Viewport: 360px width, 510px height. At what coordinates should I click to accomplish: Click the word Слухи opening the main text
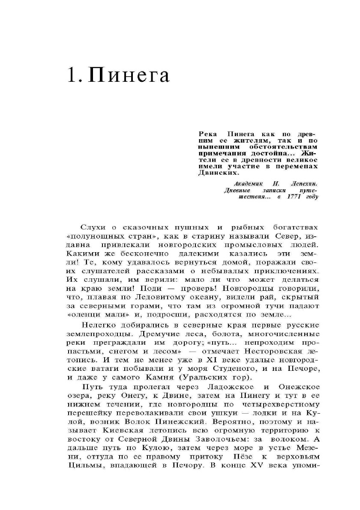(x=92, y=227)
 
